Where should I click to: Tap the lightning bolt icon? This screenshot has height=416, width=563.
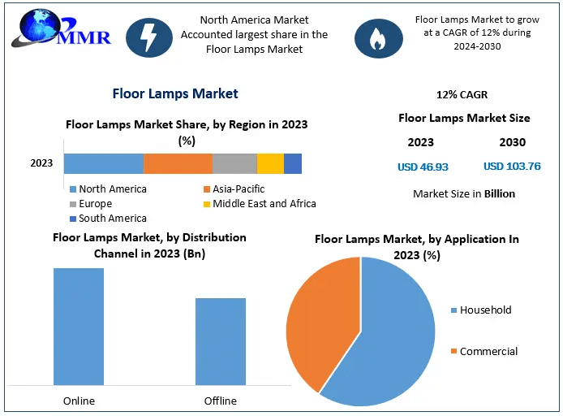pyautogui.click(x=149, y=37)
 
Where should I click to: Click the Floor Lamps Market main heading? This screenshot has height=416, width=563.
pyautogui.click(x=175, y=93)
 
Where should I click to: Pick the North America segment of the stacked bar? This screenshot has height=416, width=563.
pyautogui.click(x=104, y=163)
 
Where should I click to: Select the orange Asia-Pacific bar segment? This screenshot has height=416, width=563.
pyautogui.click(x=178, y=163)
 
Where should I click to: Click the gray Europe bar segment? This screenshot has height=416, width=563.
pyautogui.click(x=234, y=163)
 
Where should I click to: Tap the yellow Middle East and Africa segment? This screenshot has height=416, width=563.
pyautogui.click(x=270, y=163)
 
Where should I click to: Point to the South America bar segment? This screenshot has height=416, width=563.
pyautogui.click(x=293, y=163)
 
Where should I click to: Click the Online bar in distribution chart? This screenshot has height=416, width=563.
pyautogui.click(x=79, y=326)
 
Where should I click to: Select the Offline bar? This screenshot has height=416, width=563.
pyautogui.click(x=220, y=340)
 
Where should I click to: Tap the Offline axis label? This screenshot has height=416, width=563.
pyautogui.click(x=220, y=401)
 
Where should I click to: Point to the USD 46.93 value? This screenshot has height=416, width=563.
pyautogui.click(x=422, y=167)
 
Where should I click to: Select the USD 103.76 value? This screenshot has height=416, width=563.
pyautogui.click(x=512, y=167)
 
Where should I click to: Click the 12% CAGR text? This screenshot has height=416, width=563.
pyautogui.click(x=462, y=94)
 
